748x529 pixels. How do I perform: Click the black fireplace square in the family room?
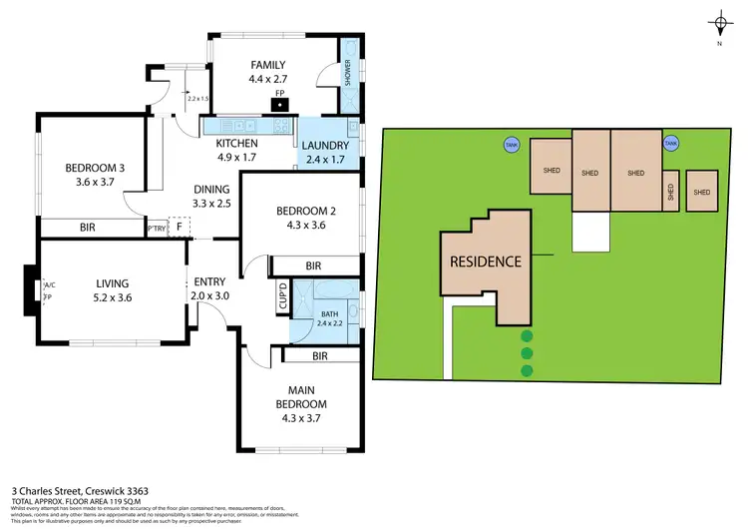(x=282, y=102)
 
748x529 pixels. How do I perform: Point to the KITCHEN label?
(x=236, y=144)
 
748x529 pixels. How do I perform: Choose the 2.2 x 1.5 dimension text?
(x=195, y=98)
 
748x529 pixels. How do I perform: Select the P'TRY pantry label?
(x=157, y=229)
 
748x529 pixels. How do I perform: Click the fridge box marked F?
(x=179, y=228)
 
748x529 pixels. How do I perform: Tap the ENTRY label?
(x=210, y=282)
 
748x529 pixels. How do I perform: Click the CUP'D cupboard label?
(x=281, y=298)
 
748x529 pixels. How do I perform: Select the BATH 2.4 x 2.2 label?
(x=329, y=317)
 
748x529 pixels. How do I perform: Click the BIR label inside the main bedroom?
(x=320, y=354)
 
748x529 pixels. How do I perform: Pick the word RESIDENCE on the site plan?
(x=485, y=262)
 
